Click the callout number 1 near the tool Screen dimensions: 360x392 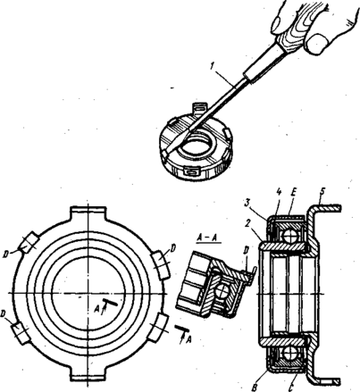click(x=212, y=67)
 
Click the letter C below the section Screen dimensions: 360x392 click(x=293, y=388)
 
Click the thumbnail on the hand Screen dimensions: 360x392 click(x=316, y=43)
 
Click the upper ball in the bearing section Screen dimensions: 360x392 click(x=290, y=238)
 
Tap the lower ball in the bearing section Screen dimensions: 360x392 click(x=290, y=354)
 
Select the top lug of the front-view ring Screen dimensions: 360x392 click(x=88, y=213)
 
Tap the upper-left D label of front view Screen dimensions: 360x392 click(x=5, y=254)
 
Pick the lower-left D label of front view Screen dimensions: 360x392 click(x=5, y=314)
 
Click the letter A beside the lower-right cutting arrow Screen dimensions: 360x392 click(x=188, y=339)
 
